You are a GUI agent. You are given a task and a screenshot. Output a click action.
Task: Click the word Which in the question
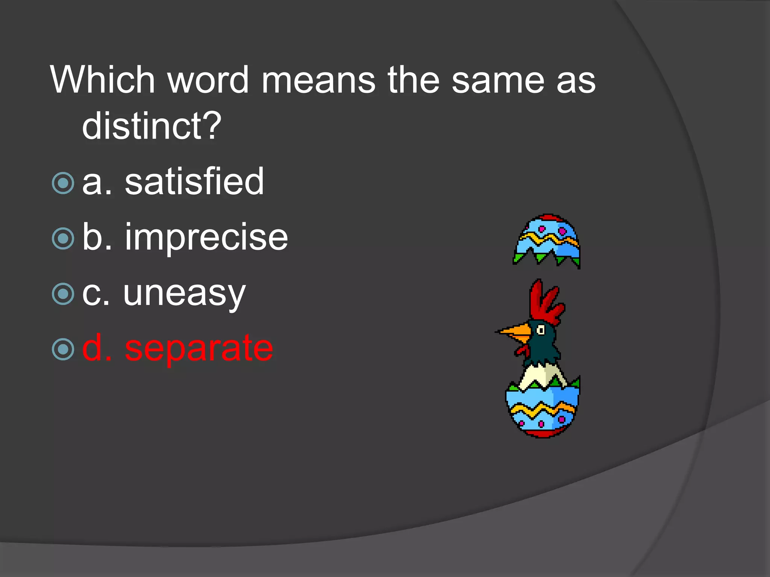click(103, 80)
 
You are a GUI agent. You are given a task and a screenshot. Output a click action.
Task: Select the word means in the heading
click(318, 80)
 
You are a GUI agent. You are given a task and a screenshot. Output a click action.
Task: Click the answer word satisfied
click(194, 182)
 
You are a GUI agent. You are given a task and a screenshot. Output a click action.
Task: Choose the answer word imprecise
click(206, 237)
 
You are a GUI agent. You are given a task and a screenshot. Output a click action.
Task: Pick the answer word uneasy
click(184, 294)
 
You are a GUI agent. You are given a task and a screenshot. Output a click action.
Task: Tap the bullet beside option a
click(63, 183)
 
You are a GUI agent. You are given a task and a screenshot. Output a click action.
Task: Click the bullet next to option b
click(63, 239)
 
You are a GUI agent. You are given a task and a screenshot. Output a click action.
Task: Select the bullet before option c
click(63, 294)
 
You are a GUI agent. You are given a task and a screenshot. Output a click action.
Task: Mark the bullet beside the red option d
click(63, 349)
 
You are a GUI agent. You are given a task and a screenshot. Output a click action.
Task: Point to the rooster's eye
click(541, 330)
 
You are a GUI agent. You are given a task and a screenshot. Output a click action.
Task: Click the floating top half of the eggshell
click(547, 240)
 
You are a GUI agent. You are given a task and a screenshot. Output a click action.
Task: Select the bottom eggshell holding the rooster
click(542, 411)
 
